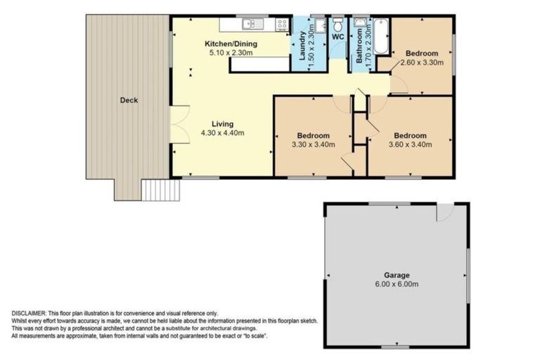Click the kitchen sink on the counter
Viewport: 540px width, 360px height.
tap(250, 25)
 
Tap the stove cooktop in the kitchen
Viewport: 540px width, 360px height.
tap(281, 25)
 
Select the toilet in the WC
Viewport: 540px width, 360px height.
tap(337, 23)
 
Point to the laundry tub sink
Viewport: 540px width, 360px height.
tap(319, 26)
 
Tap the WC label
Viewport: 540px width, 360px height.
tap(337, 37)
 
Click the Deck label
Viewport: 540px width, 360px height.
tap(129, 101)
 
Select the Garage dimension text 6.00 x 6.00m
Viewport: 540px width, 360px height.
tap(397, 285)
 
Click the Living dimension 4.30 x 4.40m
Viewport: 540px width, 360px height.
tap(221, 133)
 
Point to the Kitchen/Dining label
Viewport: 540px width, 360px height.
tap(231, 44)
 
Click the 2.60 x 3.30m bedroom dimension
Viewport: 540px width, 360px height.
tap(422, 63)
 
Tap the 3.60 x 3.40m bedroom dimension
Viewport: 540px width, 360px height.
tap(409, 145)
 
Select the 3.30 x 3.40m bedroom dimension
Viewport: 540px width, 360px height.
tap(313, 145)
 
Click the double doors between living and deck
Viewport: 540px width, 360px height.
tap(176, 127)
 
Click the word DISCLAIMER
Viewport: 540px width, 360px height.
tap(28, 313)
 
